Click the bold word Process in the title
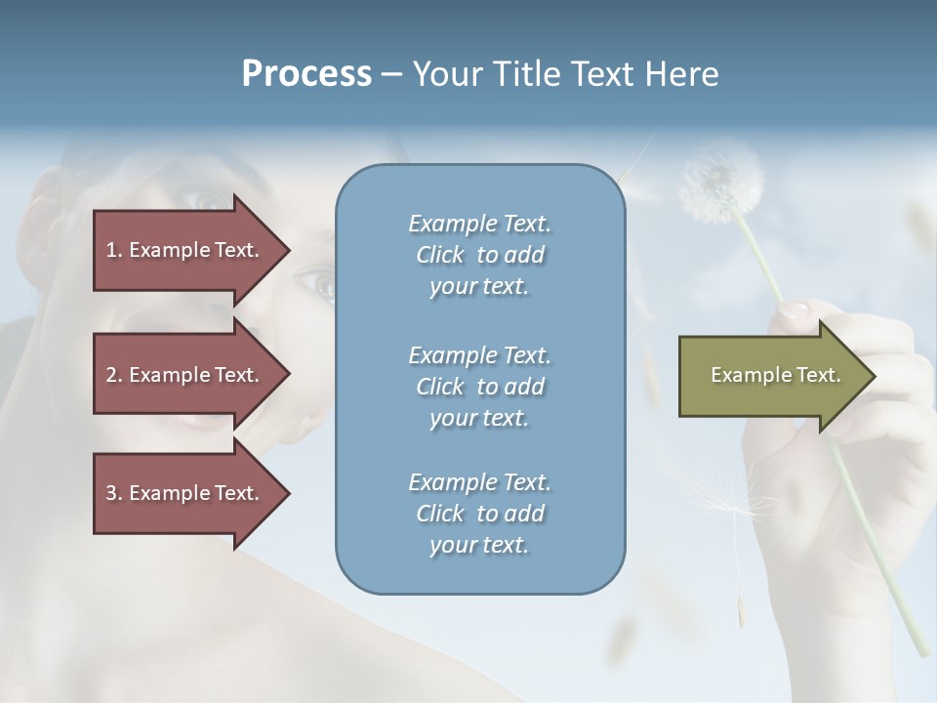pos(306,74)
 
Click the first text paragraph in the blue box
pos(479,255)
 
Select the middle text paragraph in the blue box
pos(479,387)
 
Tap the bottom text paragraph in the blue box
pos(479,514)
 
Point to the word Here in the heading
pos(682,74)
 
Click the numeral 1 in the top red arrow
pos(111,250)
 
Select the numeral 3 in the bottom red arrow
pos(111,493)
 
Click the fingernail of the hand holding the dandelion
pos(793,311)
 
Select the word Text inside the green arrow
pos(819,375)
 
